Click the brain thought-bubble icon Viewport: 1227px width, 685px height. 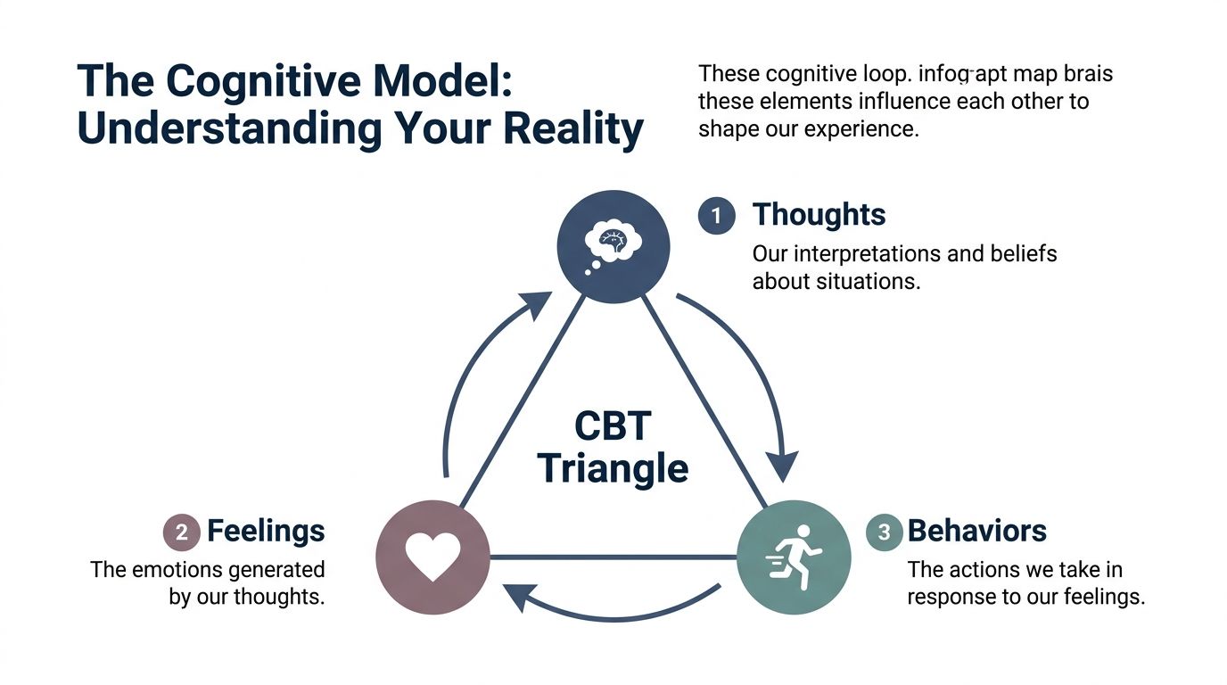(612, 242)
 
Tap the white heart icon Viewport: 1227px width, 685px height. (432, 557)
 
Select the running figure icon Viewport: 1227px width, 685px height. (793, 557)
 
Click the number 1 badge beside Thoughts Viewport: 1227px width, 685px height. (716, 216)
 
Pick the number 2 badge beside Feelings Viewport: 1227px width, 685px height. (181, 532)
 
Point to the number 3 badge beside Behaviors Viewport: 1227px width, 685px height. (884, 532)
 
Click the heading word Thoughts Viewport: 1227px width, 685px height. (819, 215)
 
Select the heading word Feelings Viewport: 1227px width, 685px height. (266, 532)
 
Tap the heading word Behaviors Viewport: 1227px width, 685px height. (976, 532)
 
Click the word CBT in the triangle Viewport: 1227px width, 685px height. (613, 425)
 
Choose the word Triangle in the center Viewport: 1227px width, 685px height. (613, 468)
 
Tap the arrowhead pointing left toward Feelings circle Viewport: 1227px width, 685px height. (517, 597)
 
